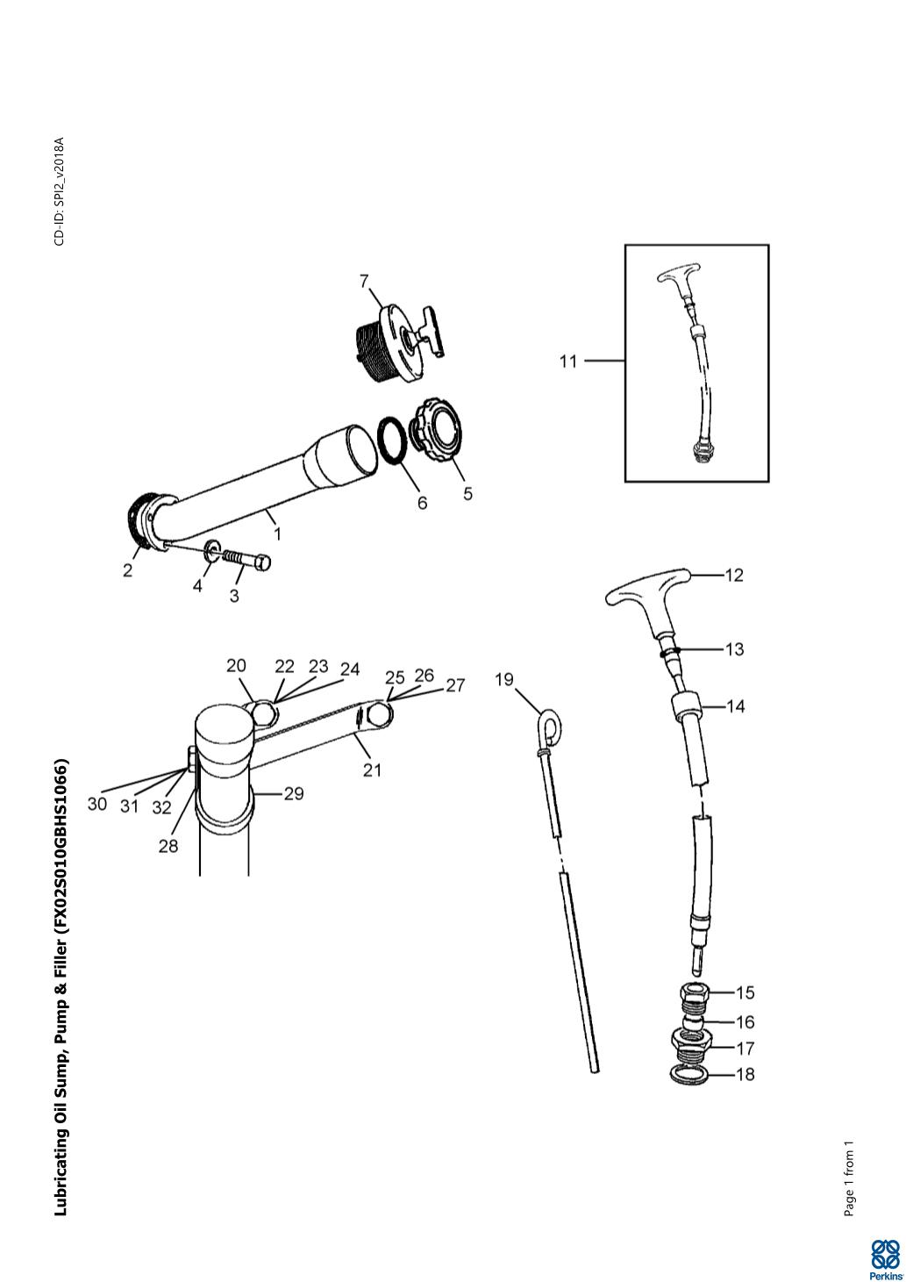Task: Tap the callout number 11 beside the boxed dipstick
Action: [x=568, y=362]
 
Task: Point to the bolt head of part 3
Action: [x=262, y=563]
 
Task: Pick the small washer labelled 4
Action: [x=213, y=550]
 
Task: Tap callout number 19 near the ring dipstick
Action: [x=504, y=679]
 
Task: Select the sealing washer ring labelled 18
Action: [x=689, y=1075]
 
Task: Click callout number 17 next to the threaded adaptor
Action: [x=745, y=1049]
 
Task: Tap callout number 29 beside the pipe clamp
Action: [x=294, y=794]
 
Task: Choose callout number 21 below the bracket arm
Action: [x=372, y=770]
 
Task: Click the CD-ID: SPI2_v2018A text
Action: [x=60, y=191]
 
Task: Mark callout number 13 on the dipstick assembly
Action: [x=734, y=649]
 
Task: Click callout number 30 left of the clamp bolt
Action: [x=97, y=804]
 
